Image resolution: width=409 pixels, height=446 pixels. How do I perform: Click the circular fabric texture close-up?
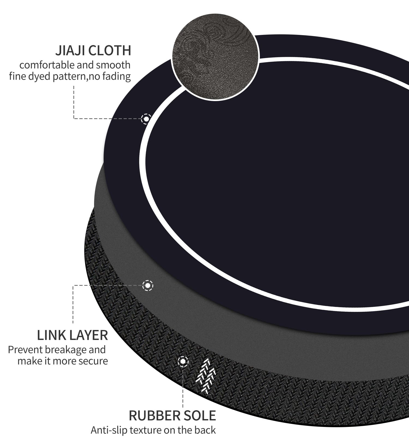[x=215, y=57]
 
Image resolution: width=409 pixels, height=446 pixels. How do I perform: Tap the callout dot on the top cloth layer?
[x=146, y=119]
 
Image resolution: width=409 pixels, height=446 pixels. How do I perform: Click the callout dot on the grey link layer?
[x=148, y=286]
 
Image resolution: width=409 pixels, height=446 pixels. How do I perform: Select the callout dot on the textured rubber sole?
[x=183, y=362]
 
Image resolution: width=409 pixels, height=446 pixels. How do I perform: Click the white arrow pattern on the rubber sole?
[x=206, y=376]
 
